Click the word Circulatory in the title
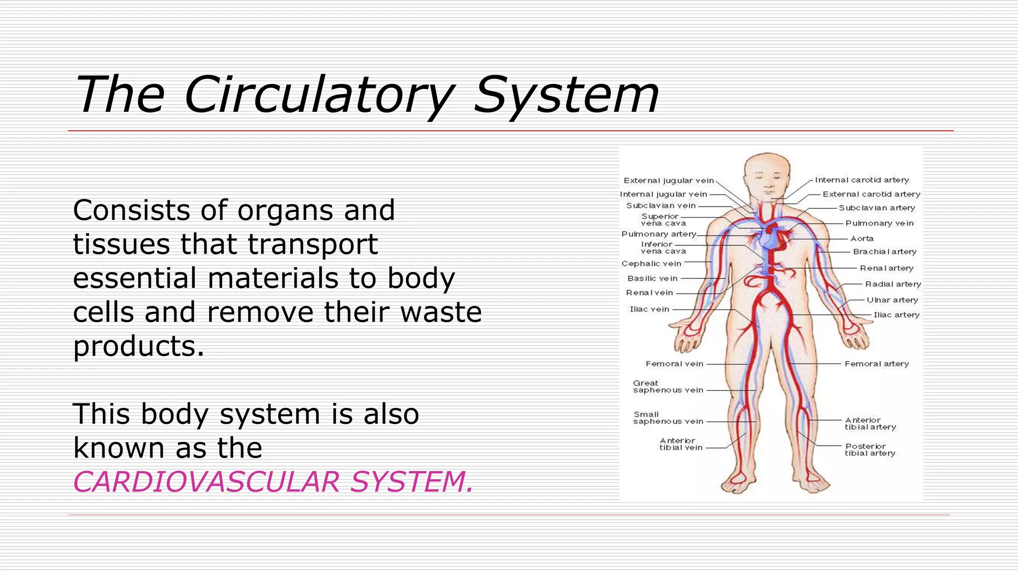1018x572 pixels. pos(318,95)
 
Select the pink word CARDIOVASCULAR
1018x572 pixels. pos(206,482)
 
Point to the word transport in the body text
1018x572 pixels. pos(313,244)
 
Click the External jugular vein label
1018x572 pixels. pos(669,181)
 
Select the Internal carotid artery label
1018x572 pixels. pos(862,180)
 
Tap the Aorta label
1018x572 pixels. pos(862,239)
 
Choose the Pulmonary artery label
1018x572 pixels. pos(659,234)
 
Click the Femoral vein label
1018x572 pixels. pos(675,364)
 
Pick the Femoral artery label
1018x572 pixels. pos(877,364)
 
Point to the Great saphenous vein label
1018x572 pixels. pos(668,387)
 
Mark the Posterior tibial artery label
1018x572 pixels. pos(870,450)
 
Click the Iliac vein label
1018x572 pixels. pos(649,309)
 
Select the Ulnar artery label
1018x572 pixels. pos(892,300)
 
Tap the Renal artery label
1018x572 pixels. pos(887,268)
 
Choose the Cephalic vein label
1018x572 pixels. pos(651,264)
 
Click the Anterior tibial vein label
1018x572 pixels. pos(681,444)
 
